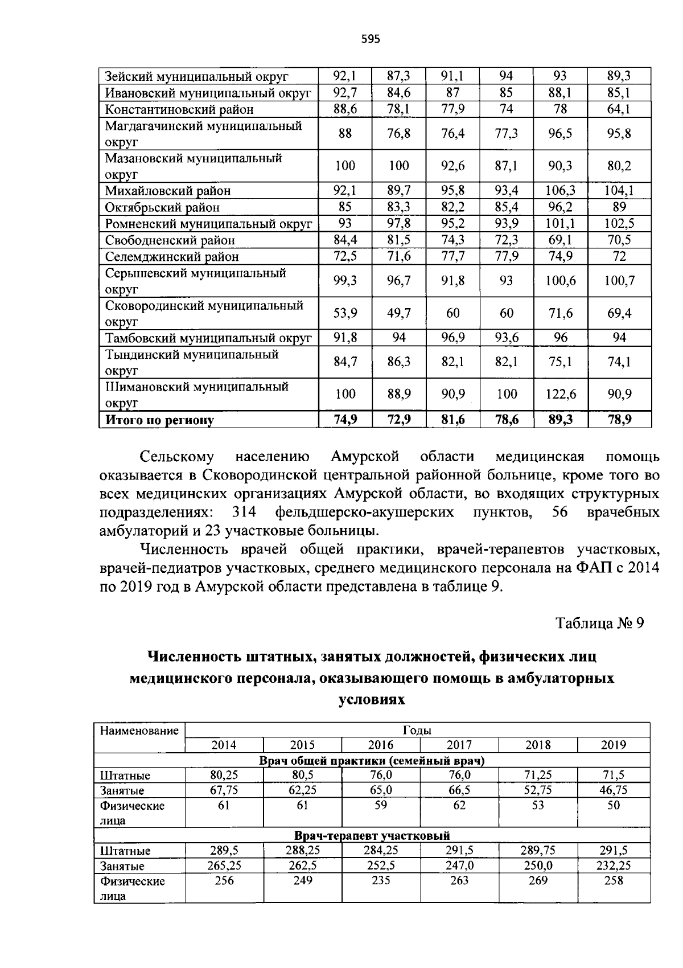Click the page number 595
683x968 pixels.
[370, 39]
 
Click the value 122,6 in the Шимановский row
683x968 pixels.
[560, 394]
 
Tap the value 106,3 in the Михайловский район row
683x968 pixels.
[560, 191]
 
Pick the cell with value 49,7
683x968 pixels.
[398, 313]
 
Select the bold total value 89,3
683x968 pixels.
[560, 420]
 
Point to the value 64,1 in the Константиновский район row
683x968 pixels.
[619, 109]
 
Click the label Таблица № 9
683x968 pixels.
[599, 623]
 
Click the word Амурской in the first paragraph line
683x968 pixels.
[364, 457]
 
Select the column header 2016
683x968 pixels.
[380, 745]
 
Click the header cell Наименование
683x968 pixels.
[139, 731]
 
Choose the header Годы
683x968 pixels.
[417, 731]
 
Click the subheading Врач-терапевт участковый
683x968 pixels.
[372, 835]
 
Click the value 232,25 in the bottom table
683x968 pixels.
[613, 866]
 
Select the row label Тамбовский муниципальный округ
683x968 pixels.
[208, 338]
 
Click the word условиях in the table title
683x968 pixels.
[372, 700]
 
